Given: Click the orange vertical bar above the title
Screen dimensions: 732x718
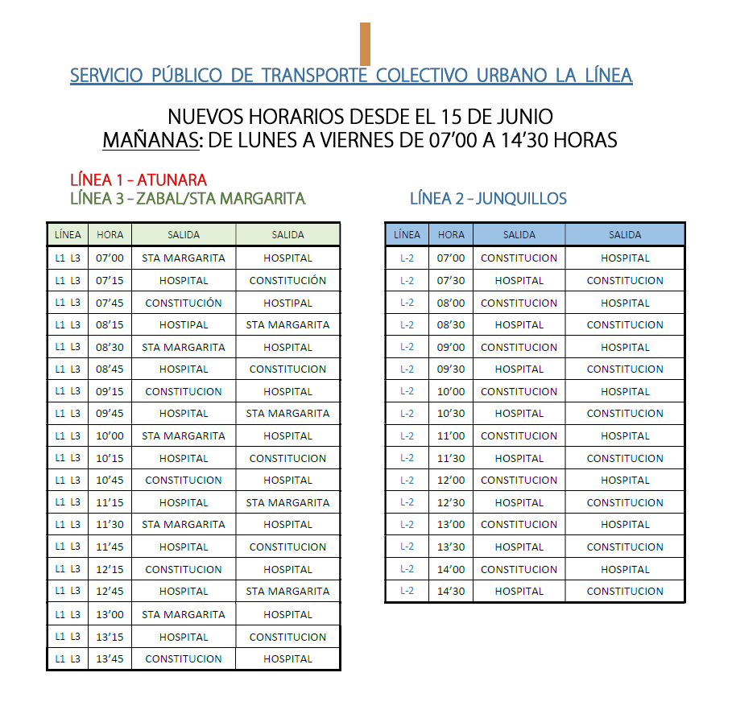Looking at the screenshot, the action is [x=365, y=43].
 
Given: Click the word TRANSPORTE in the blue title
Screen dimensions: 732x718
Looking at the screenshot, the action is [x=313, y=76].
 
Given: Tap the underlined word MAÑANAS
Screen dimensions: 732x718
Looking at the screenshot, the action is [x=151, y=141].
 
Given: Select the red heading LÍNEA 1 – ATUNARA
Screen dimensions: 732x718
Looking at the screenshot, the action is [x=139, y=179].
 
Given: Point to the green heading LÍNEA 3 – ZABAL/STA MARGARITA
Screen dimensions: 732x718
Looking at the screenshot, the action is [x=188, y=198].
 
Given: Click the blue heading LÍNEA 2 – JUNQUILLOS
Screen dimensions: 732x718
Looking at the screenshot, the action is [x=488, y=198].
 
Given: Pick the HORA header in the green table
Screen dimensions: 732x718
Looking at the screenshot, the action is [x=110, y=235].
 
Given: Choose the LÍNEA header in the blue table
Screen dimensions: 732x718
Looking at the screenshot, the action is [x=407, y=235].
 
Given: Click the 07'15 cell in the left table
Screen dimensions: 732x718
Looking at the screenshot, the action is [x=110, y=281].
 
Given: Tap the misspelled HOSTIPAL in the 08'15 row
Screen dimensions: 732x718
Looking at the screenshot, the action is [x=184, y=325].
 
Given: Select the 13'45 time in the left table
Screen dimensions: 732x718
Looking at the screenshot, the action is [x=110, y=658].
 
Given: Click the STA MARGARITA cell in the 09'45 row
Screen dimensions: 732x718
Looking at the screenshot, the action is [x=287, y=414].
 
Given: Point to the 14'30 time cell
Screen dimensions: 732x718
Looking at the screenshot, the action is [x=451, y=591].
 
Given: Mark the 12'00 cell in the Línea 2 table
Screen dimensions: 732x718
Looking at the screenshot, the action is [x=451, y=481].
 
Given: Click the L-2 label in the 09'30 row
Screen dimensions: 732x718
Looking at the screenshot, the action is [x=407, y=369].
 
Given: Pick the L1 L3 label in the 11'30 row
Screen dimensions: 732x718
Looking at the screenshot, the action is [x=68, y=525].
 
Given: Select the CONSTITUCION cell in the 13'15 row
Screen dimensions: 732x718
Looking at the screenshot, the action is [x=287, y=637].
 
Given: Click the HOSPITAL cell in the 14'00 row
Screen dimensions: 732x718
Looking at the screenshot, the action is [x=625, y=569].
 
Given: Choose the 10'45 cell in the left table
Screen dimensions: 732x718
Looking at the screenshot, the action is [x=110, y=481].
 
